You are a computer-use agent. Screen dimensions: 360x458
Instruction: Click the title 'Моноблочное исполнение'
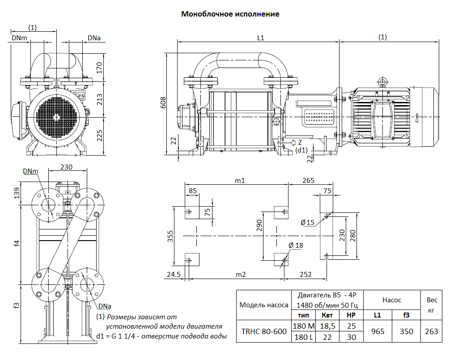pos(230,14)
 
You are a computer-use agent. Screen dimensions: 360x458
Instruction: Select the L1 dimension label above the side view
pos(260,38)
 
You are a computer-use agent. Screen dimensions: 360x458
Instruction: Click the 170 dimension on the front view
pos(99,67)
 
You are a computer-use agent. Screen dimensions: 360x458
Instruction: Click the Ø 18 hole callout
pos(296,245)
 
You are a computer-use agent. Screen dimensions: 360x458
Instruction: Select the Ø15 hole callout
pos(307,222)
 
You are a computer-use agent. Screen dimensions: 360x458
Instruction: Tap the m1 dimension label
pos(240,180)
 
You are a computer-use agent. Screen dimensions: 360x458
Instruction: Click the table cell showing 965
pos(377,332)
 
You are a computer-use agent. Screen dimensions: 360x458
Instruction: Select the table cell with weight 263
pos(431,332)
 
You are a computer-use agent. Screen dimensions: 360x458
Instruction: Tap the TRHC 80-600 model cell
pos(264,332)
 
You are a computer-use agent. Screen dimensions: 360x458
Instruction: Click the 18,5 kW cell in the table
pos(327,326)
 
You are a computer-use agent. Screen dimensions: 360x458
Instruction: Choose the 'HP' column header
pos(352,315)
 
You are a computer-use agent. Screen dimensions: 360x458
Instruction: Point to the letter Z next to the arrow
pos(300,142)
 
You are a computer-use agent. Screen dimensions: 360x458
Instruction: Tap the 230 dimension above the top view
pos(66,167)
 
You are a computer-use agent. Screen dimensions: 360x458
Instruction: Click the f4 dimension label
pos(17,243)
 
